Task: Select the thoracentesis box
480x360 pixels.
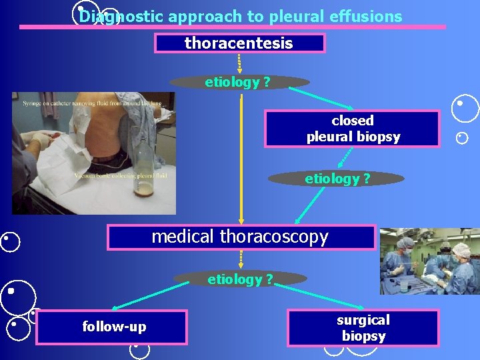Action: [239, 43]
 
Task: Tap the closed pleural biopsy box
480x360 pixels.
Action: [352, 129]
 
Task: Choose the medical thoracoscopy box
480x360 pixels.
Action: [241, 237]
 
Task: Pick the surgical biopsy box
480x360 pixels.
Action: [363, 327]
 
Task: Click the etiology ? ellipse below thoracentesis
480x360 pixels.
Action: [239, 82]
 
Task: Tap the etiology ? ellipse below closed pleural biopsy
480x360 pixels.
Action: [336, 179]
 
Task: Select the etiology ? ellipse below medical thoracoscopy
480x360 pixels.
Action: [239, 279]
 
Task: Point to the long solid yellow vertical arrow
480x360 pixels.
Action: [241, 160]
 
